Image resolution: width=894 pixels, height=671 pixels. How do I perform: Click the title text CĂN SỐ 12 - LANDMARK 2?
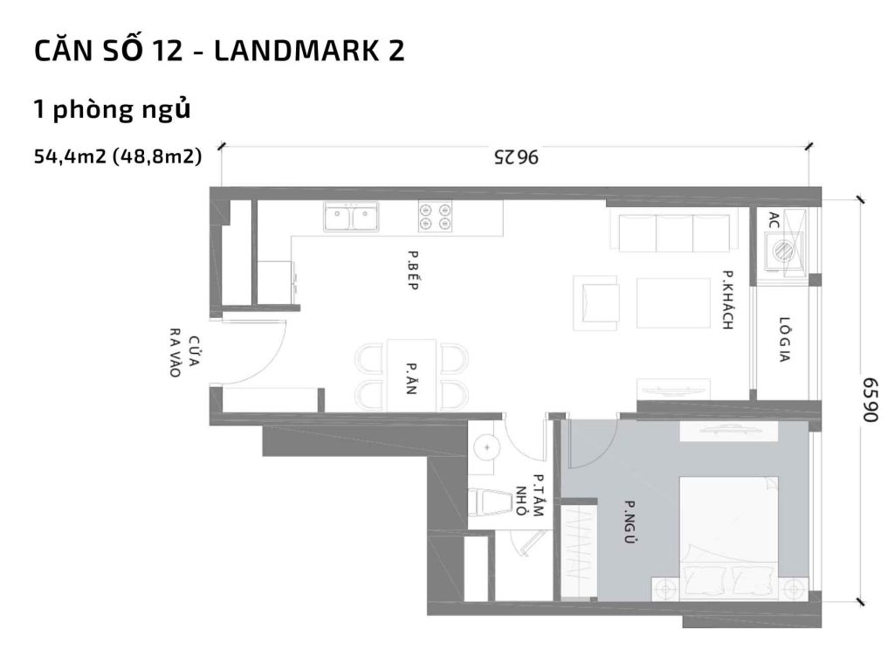(x=219, y=52)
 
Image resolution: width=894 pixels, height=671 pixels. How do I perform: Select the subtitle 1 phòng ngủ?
(x=112, y=110)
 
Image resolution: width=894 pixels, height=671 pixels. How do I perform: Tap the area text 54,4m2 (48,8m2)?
(x=118, y=157)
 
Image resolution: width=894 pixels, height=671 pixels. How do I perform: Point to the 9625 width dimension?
(x=516, y=158)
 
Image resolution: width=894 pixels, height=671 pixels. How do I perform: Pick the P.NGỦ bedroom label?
(x=627, y=522)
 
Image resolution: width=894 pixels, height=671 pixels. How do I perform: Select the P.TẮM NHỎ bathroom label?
(x=531, y=495)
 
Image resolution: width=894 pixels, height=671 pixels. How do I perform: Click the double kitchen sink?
(x=350, y=217)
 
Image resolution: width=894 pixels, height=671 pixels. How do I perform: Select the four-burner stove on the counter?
(x=435, y=216)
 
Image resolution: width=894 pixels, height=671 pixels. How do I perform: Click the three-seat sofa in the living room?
(x=673, y=231)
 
